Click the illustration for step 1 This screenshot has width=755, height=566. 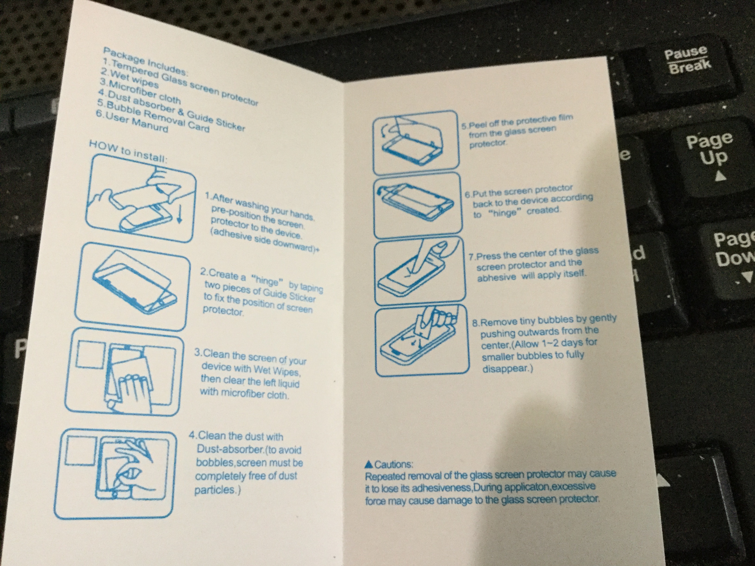click(142, 199)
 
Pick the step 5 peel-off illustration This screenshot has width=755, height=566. click(416, 142)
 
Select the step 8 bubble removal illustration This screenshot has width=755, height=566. click(422, 339)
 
